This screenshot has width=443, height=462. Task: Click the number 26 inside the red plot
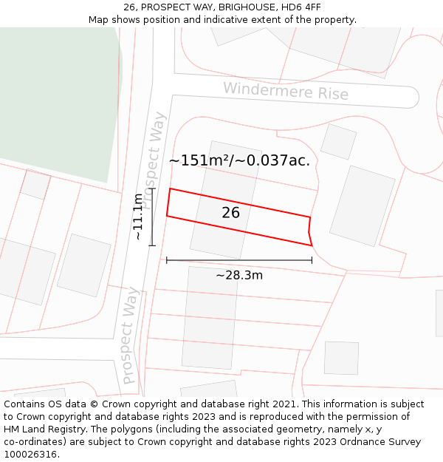click(231, 213)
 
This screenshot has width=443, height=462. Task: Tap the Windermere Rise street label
click(286, 91)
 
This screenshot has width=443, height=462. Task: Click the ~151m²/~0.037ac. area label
click(239, 160)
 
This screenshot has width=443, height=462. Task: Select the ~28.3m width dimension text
click(239, 276)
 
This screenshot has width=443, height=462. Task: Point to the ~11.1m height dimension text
click(138, 217)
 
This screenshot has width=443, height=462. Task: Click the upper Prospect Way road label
click(155, 160)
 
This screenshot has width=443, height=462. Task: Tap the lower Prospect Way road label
click(129, 336)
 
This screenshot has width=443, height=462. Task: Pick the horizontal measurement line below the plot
click(239, 260)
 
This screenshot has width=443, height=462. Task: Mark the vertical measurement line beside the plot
click(152, 217)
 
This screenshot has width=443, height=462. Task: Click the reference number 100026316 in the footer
click(30, 455)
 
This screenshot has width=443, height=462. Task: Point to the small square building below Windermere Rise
click(338, 141)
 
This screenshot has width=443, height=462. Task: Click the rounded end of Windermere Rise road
click(411, 98)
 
